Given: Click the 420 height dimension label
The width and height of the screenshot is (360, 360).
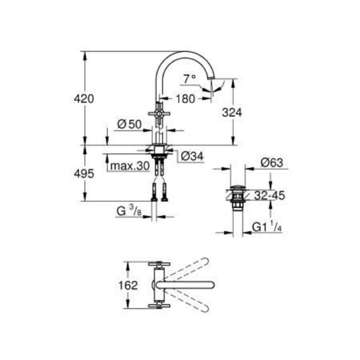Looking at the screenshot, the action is (x=84, y=99).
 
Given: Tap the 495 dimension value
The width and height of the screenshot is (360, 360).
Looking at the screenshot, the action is (x=84, y=174).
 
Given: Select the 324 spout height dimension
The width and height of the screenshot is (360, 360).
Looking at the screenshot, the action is (x=232, y=112).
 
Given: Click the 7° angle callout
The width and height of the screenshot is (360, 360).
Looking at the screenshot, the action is (x=189, y=79).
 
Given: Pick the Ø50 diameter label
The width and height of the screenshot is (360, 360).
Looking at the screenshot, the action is (x=130, y=125).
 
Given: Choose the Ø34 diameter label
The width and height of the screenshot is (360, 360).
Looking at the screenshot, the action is (x=192, y=156).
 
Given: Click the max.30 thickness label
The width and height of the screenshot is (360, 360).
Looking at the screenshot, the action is (x=130, y=166).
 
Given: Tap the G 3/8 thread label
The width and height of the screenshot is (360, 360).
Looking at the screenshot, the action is (x=129, y=211).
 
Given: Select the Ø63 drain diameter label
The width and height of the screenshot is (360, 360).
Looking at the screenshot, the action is (x=272, y=163).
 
